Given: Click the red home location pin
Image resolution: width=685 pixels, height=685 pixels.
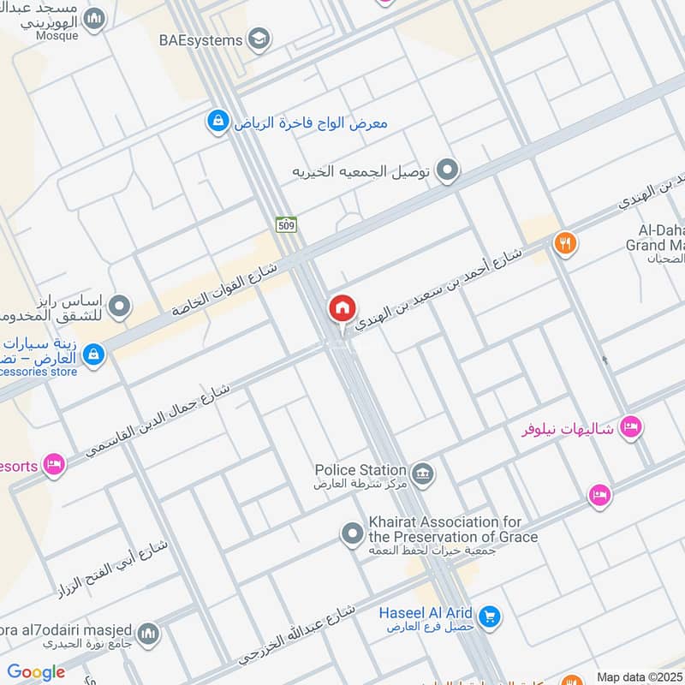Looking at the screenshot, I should pos(342,309).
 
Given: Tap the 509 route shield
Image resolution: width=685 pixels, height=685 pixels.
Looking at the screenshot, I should pos(286,225).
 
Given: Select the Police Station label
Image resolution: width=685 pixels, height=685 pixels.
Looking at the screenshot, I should pos(360,469).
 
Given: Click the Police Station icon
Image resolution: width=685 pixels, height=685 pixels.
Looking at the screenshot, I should pos(422,473).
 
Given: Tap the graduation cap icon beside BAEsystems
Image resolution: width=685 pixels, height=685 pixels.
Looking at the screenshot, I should pos(259,39).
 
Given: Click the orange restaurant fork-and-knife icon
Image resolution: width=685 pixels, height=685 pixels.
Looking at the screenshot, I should pos(564,244).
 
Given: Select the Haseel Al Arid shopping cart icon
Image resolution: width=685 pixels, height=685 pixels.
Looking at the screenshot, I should pos(489,616).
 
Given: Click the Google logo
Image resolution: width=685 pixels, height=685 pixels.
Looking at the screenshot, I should pos(36,672).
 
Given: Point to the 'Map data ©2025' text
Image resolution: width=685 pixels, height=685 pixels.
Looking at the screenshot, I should pos(639,676).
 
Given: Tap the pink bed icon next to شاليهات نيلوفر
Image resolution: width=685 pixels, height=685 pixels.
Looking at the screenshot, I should pos(631,426).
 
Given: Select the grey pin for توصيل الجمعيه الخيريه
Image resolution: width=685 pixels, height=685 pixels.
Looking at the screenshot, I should pos(446,171).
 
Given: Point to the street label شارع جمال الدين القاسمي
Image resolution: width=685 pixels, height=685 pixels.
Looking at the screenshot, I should pos(159,411).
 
